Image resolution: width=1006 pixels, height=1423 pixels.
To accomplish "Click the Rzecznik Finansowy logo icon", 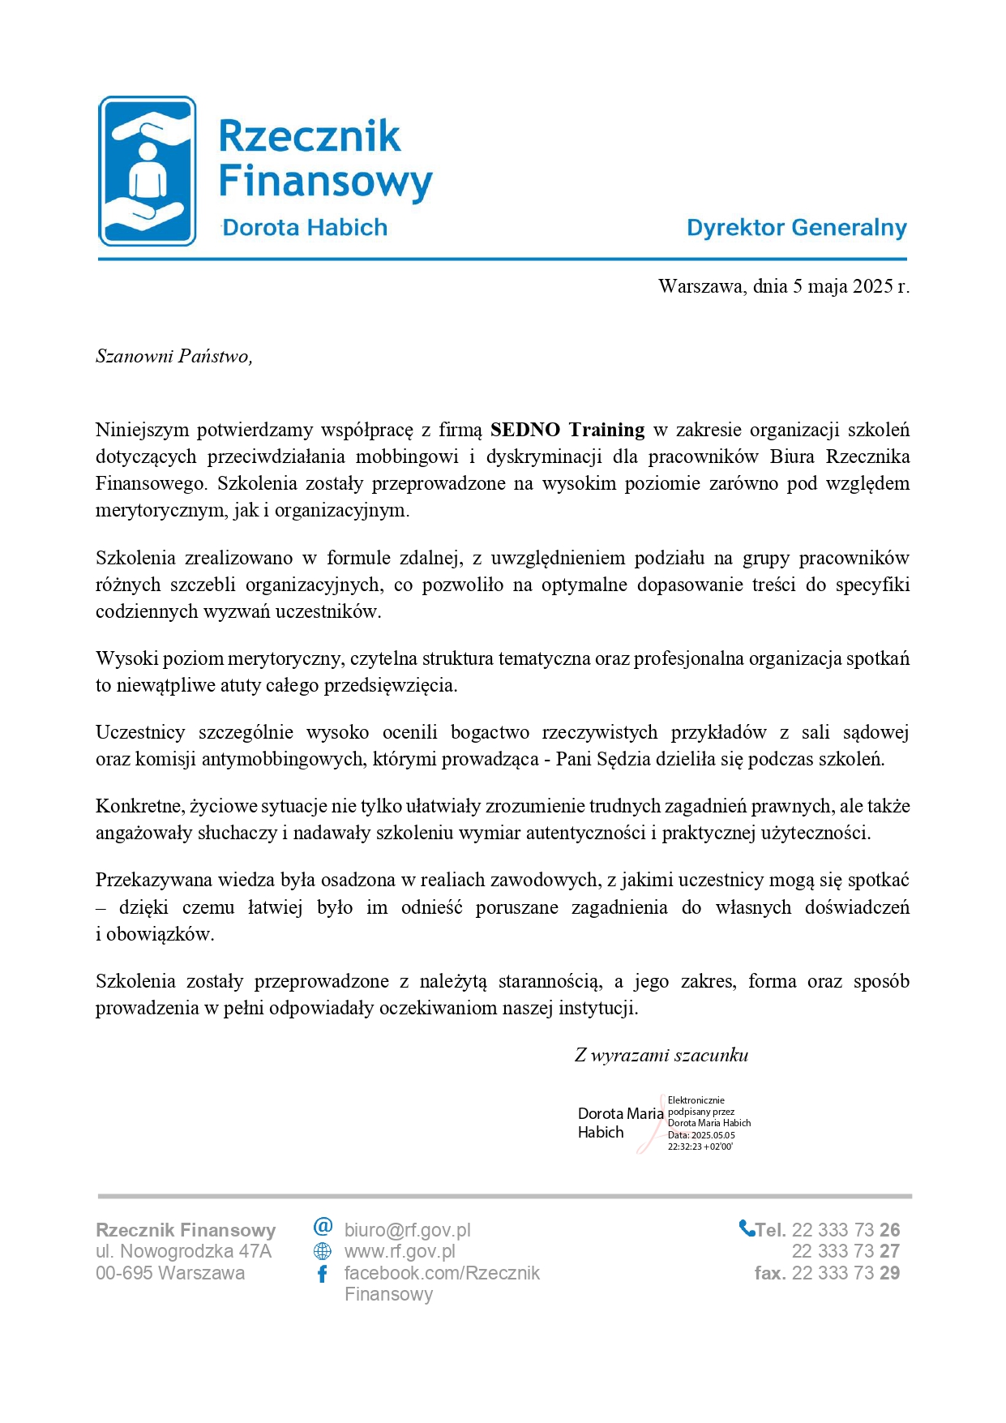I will (148, 171).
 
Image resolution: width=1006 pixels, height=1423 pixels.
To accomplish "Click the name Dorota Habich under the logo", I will (305, 228).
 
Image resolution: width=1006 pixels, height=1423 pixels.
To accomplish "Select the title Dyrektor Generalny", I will (796, 228).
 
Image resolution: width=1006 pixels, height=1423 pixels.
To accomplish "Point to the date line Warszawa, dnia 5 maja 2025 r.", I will (783, 286).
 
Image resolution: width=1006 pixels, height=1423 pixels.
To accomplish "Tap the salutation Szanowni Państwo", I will (174, 356).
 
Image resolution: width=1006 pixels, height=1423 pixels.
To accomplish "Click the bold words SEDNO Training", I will (567, 430).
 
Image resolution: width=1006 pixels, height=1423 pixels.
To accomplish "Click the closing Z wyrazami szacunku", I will (661, 1055).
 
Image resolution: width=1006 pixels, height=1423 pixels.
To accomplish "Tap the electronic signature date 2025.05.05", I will (713, 1135).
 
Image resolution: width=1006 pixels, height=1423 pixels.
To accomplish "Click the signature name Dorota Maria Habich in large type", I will (620, 1123).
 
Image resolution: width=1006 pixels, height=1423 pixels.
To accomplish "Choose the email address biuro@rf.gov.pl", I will (407, 1230).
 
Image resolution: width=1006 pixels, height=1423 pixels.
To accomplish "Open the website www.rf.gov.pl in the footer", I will (400, 1251).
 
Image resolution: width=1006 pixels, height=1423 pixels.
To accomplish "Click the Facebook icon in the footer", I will (323, 1274).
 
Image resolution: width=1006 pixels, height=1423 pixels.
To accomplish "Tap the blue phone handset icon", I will (746, 1228).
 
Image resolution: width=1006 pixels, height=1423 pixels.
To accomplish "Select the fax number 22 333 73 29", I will (845, 1273).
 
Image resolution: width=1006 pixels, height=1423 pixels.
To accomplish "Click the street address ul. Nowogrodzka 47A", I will (183, 1251).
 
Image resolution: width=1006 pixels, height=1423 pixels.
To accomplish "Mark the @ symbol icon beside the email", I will (323, 1227).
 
